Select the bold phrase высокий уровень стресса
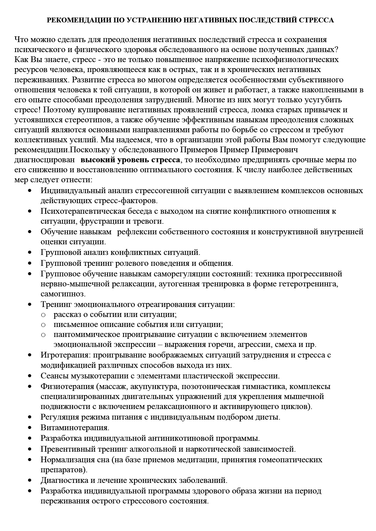pyautogui.click(x=130, y=160)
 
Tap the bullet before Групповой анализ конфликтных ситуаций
pyautogui.click(x=30, y=252)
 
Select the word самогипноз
pyautogui.click(x=63, y=294)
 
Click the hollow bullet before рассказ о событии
pyautogui.click(x=43, y=315)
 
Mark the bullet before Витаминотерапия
pyautogui.click(x=30, y=428)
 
